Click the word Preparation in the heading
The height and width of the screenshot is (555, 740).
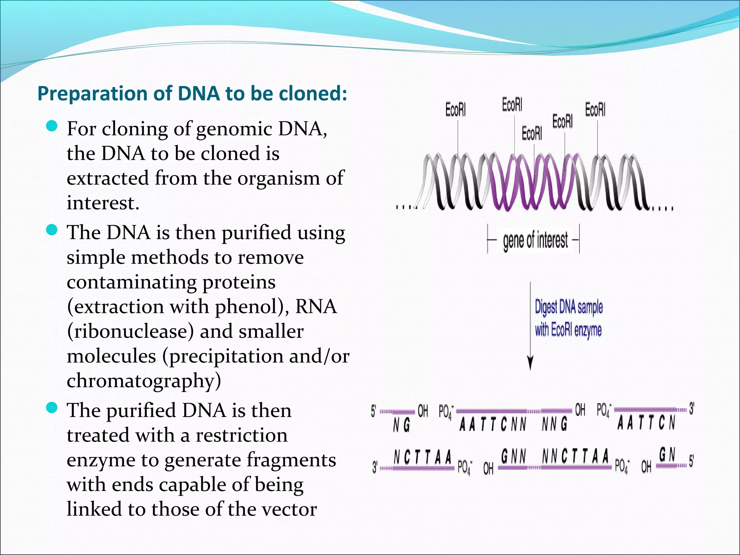click(x=92, y=94)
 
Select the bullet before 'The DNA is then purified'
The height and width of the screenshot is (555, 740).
click(x=52, y=229)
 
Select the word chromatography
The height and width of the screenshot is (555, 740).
click(x=144, y=381)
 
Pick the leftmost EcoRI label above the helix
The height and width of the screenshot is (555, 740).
click(x=455, y=109)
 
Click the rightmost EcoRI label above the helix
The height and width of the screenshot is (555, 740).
click(x=595, y=109)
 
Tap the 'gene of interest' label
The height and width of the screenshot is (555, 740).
click(x=535, y=240)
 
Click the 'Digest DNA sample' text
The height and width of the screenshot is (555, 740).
click(x=569, y=307)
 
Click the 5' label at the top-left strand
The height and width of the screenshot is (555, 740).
click(x=374, y=411)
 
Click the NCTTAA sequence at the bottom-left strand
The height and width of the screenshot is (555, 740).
click(x=423, y=457)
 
